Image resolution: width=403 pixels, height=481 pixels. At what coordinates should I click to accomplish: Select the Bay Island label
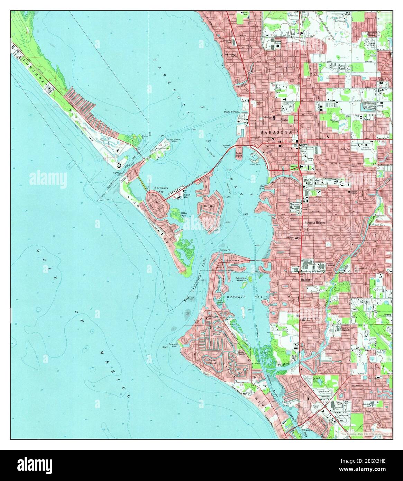point(233,259)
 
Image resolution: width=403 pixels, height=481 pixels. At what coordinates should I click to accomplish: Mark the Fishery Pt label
point(225,250)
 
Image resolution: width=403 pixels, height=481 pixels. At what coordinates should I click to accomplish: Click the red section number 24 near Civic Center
point(239,133)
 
